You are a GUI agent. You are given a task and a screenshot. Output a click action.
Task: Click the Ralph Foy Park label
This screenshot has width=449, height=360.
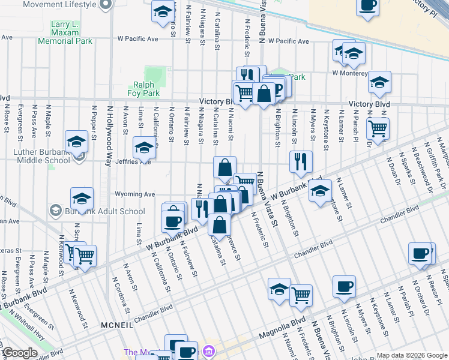(143, 89)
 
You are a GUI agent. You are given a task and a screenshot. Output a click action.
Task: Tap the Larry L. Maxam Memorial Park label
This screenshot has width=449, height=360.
(65, 32)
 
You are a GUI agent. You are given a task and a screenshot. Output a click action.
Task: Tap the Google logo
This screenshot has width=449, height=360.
(19, 353)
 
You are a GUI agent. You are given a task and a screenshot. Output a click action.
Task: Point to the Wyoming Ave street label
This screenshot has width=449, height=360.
(136, 194)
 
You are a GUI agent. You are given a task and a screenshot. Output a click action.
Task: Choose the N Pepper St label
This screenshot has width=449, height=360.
(94, 122)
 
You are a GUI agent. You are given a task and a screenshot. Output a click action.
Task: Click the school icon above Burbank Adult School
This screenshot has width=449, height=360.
(82, 199)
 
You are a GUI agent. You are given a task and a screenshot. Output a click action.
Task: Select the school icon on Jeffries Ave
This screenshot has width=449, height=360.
(144, 148)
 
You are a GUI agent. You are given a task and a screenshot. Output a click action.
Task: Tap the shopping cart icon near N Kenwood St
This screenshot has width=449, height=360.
(85, 256)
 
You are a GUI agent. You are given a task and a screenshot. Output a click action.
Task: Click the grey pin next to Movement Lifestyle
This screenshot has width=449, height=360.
(106, 4)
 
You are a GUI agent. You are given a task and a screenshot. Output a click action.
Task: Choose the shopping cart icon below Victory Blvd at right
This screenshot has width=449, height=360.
(378, 128)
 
